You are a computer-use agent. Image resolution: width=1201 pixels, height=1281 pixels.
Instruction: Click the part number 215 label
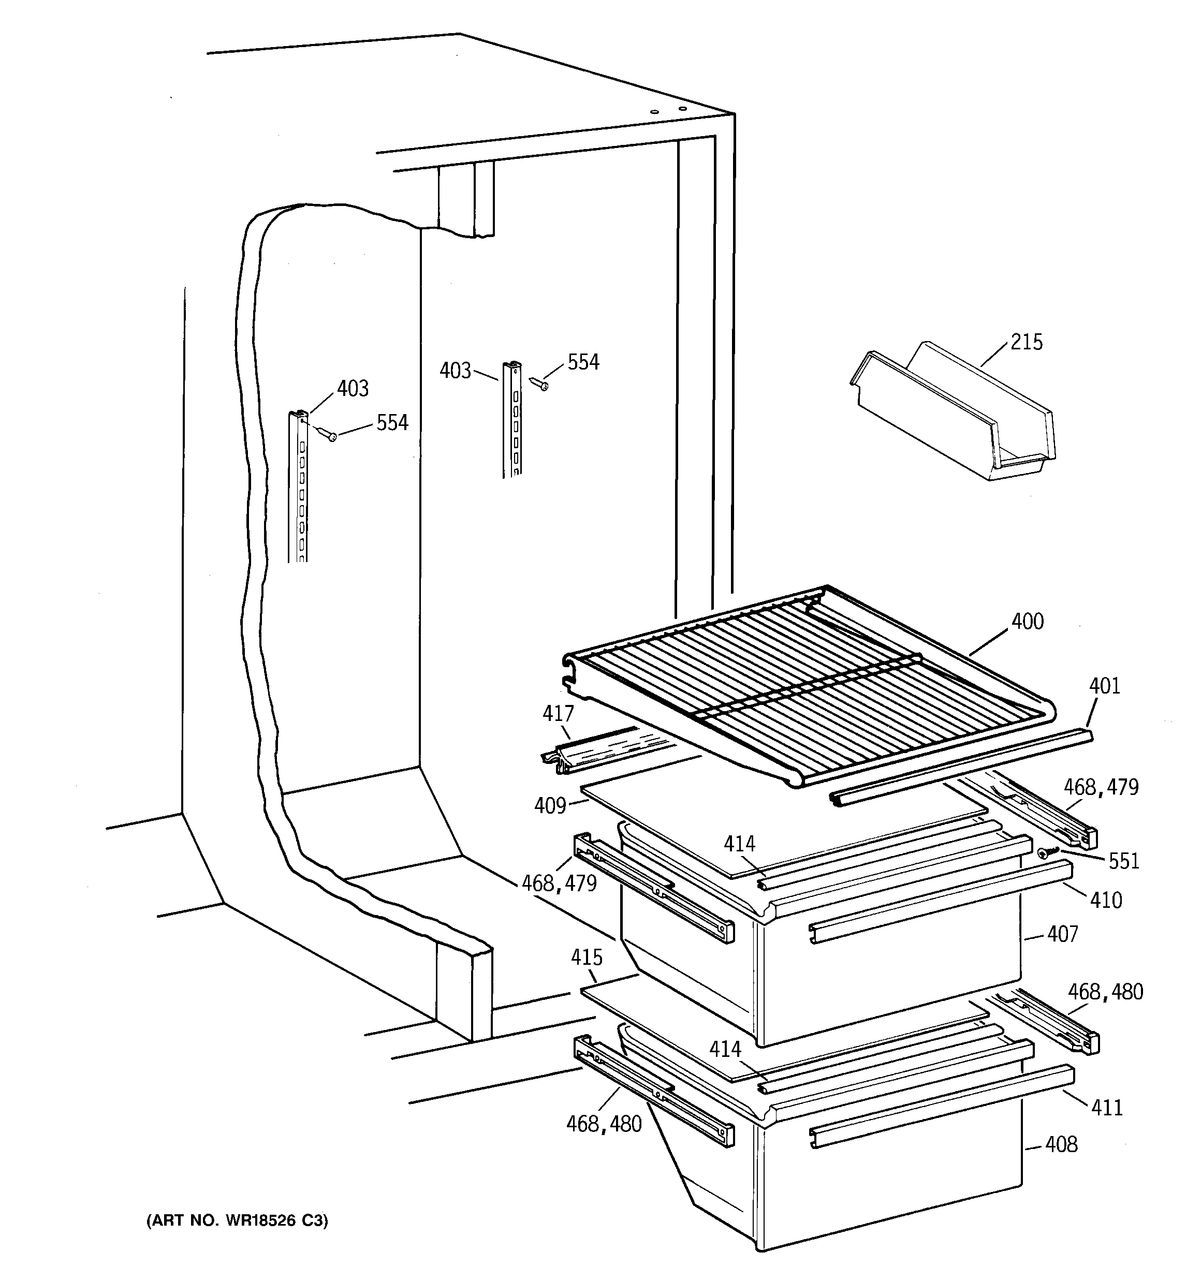[1027, 342]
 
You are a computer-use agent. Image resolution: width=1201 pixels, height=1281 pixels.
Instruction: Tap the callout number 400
[1027, 622]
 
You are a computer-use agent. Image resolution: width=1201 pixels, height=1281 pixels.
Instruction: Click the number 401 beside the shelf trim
[1105, 686]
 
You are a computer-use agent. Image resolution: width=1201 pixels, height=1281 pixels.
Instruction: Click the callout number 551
[1124, 862]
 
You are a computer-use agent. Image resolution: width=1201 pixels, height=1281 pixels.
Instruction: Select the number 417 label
[558, 714]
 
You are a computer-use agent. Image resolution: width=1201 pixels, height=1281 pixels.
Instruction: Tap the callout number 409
[550, 806]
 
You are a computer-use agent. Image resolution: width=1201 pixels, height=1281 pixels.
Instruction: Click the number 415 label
[586, 958]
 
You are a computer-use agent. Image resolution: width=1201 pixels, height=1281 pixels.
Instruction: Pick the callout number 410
[1106, 900]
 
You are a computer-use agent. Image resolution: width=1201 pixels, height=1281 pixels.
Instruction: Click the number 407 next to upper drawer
[1062, 934]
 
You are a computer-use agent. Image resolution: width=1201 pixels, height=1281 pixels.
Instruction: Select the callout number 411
[1107, 1108]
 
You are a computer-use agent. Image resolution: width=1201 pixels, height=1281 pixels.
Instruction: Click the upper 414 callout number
[739, 844]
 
